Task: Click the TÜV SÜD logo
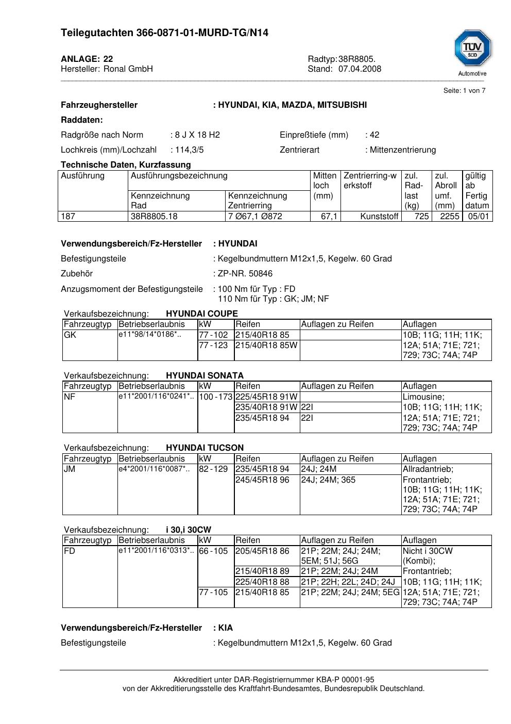click(x=472, y=49)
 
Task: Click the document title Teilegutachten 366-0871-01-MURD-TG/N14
click(x=164, y=33)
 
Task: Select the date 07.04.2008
click(x=360, y=69)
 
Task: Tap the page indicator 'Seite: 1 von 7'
click(x=464, y=91)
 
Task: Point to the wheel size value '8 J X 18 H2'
click(x=197, y=135)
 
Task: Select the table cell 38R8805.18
click(x=154, y=217)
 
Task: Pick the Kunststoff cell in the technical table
click(x=380, y=217)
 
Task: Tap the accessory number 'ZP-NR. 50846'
click(x=245, y=274)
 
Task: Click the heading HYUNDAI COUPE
click(x=202, y=314)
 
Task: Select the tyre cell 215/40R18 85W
click(x=266, y=345)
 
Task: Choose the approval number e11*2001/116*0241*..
click(x=156, y=397)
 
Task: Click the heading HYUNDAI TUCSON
click(x=205, y=448)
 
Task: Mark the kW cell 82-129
click(x=213, y=469)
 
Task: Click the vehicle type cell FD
click(x=70, y=551)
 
